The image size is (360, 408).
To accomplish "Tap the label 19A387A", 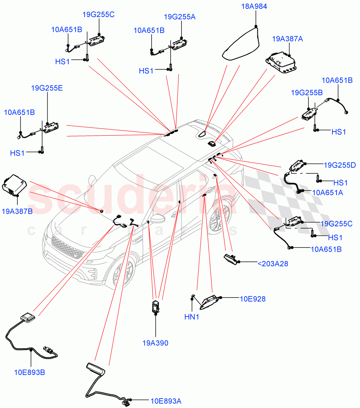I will pyautogui.click(x=287, y=39).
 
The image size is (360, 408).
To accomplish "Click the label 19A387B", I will pyautogui.click(x=17, y=211).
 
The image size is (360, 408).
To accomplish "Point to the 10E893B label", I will pyautogui.click(x=30, y=372).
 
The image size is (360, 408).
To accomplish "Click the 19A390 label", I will pyautogui.click(x=155, y=343).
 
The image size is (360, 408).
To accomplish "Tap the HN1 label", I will pyautogui.click(x=191, y=317).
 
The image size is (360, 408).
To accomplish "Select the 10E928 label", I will pyautogui.click(x=253, y=299).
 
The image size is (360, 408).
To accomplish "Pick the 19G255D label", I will pyautogui.click(x=340, y=165).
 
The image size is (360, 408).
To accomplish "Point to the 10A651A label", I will pyautogui.click(x=327, y=193).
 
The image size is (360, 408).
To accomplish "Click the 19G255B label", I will pyautogui.click(x=307, y=92).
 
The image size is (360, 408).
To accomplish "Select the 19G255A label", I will pyautogui.click(x=179, y=17).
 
